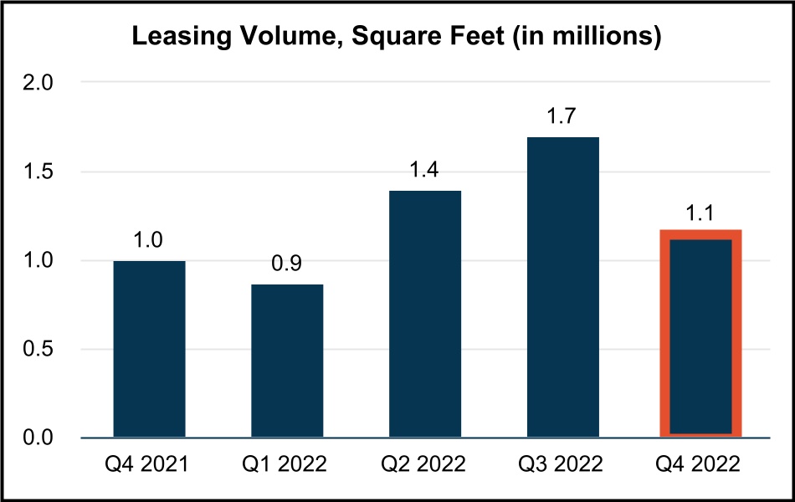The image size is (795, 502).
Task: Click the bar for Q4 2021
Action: coord(149,349)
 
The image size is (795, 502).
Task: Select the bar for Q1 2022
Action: coord(287,361)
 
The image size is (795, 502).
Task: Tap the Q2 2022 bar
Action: coord(425,314)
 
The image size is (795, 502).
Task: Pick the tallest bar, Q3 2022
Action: coord(563,287)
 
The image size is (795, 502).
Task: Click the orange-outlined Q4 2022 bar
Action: coord(700,333)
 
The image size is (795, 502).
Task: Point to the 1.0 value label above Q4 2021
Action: coord(149,242)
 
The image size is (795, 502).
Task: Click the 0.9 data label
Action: coord(287,265)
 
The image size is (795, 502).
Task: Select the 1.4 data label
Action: coord(425,172)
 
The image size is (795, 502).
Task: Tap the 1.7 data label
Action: coord(563,118)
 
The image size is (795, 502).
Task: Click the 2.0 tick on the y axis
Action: coord(39,83)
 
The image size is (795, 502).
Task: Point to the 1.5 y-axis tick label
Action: coord(39,172)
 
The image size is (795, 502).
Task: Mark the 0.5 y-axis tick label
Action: coord(39,349)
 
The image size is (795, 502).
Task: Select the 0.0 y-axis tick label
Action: coord(39,438)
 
